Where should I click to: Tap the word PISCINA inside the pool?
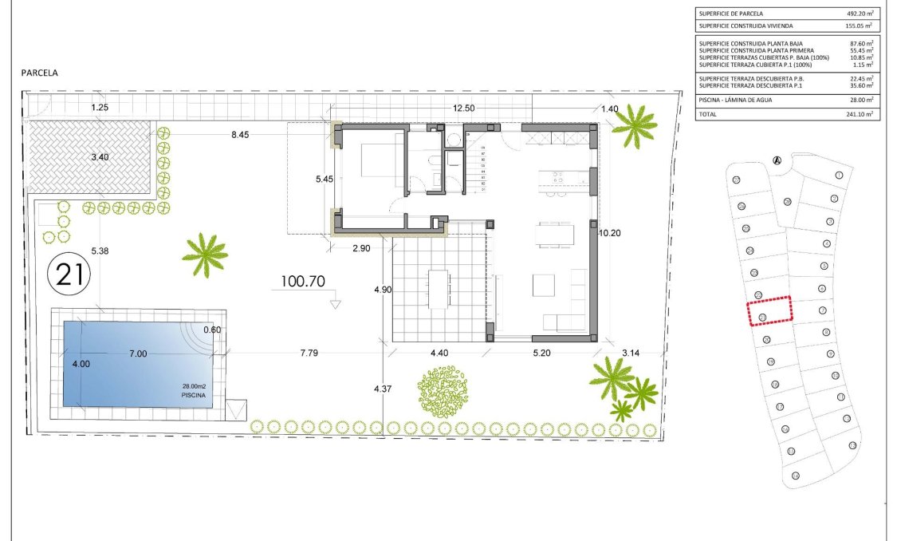pos(194,395)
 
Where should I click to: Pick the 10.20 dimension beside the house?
pos(609,233)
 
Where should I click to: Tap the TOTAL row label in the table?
pos(708,115)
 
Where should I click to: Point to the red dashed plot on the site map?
pos(769,310)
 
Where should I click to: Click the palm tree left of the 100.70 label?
pos(205,255)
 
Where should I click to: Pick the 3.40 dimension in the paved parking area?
pos(100,157)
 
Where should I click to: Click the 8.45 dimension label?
pos(240,136)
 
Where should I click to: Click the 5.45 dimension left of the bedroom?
pos(324,180)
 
